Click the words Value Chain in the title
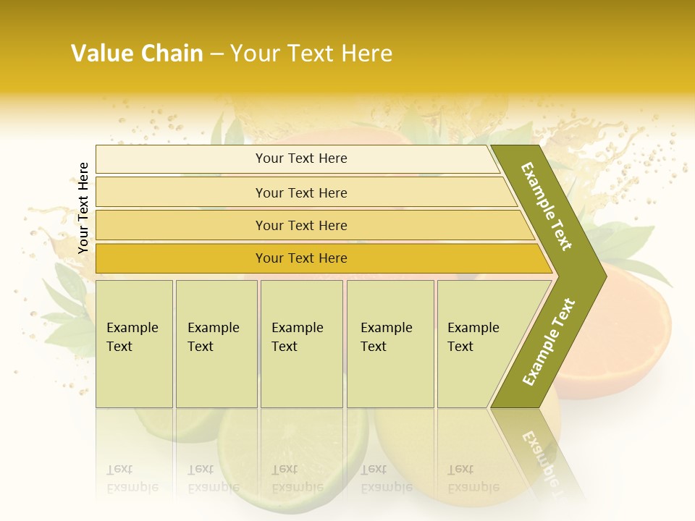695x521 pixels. [137, 54]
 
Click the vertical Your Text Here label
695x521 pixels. [83, 208]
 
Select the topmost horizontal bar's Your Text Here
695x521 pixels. [301, 158]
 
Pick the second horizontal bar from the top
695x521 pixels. [301, 192]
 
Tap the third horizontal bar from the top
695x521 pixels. [301, 225]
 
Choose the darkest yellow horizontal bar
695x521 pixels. [301, 258]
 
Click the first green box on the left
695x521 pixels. [134, 344]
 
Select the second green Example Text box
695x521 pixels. [216, 344]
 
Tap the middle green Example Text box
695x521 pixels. [301, 344]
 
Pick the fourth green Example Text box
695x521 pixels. [389, 344]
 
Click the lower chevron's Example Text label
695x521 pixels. [549, 342]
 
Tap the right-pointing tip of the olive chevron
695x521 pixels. [602, 276]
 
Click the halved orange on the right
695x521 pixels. [623, 333]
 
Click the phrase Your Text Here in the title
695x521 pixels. [311, 54]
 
